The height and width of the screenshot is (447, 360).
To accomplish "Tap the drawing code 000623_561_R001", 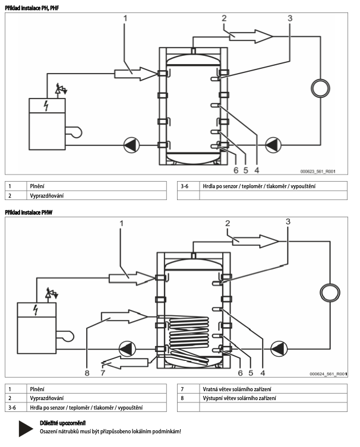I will [x=318, y=171].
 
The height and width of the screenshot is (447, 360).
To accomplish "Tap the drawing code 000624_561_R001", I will [x=328, y=375].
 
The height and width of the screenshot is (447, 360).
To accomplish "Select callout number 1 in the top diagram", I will [x=125, y=18].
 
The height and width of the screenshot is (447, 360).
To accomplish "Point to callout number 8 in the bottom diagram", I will [x=87, y=373].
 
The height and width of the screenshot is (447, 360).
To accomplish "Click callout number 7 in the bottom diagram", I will [x=103, y=373].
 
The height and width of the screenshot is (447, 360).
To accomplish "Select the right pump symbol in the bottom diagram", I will [x=277, y=348].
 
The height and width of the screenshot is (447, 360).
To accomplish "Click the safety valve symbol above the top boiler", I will [x=60, y=89].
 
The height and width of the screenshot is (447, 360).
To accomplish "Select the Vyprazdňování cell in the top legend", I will [x=47, y=195].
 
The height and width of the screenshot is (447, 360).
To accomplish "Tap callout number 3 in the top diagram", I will [x=289, y=18].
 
